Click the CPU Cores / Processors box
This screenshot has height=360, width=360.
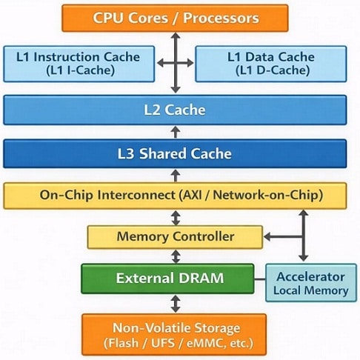click(175, 17)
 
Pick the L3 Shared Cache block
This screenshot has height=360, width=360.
click(175, 154)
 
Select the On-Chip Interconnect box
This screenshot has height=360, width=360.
click(175, 196)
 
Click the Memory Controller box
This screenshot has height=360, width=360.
click(175, 237)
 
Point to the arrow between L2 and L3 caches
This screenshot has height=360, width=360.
click(176, 132)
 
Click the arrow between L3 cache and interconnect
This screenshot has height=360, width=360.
click(176, 176)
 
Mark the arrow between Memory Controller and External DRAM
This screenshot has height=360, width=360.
click(176, 256)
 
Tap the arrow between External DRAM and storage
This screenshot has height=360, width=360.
click(176, 304)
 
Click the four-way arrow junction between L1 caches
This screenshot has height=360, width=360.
click(176, 64)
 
